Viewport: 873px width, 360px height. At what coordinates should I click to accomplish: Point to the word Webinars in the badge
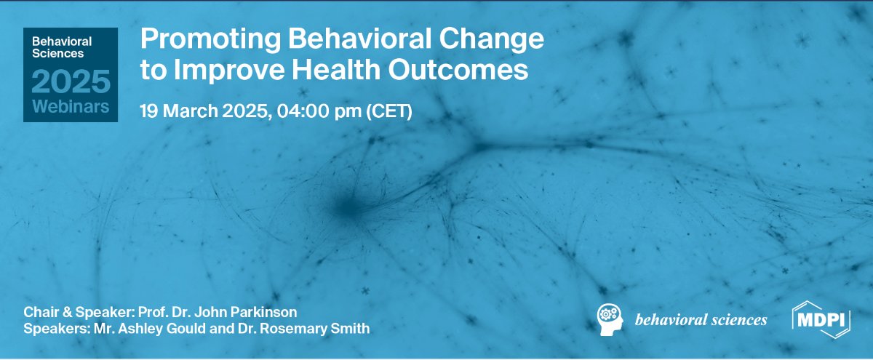tap(71, 108)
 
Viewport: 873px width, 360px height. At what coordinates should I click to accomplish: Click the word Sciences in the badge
tap(58, 53)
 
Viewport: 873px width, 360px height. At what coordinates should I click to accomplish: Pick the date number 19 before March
tap(149, 111)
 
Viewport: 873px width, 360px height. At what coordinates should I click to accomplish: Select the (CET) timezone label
tap(388, 111)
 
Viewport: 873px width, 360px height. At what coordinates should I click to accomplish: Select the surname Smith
tap(354, 328)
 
